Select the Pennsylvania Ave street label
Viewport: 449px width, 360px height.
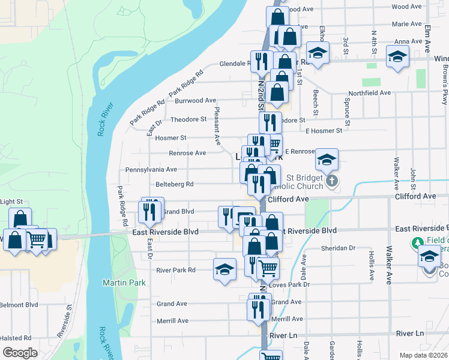click(151, 170)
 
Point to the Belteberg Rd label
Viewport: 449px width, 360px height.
click(174, 184)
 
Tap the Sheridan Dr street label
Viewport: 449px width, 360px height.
click(339, 248)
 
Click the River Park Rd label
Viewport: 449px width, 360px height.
click(176, 270)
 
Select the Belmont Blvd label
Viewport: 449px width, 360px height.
click(19, 305)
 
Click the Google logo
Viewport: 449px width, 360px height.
click(19, 353)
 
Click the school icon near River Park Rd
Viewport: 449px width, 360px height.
click(224, 269)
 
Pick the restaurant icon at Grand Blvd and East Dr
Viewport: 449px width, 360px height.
click(149, 210)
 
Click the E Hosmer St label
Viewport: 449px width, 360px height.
click(324, 130)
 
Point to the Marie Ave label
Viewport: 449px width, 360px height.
click(406, 24)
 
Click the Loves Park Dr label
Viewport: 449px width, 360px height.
click(289, 284)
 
